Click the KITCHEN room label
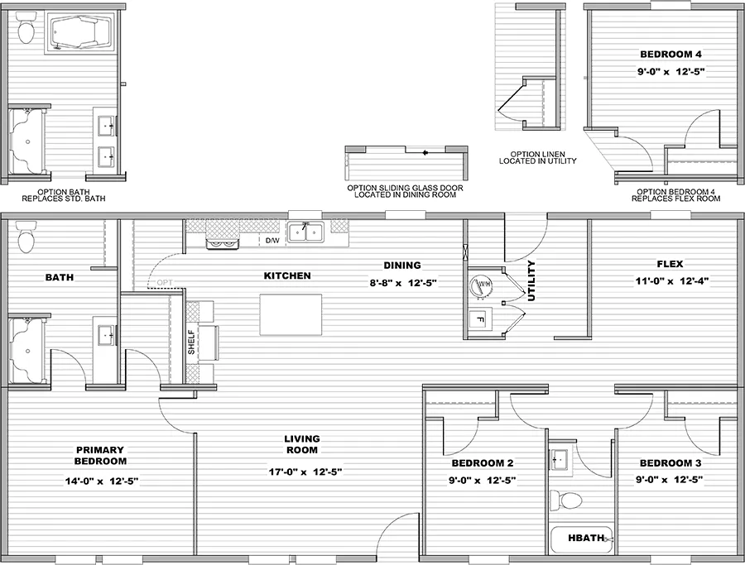287,275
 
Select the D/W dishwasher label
272,241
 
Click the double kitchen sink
305,234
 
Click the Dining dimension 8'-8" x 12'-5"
402,282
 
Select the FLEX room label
670,265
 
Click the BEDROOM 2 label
483,462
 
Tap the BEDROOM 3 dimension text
670,479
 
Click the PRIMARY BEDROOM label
100,456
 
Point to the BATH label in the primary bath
59,278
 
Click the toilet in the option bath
26,32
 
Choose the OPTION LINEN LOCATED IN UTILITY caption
537,157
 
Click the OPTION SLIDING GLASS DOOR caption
406,191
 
